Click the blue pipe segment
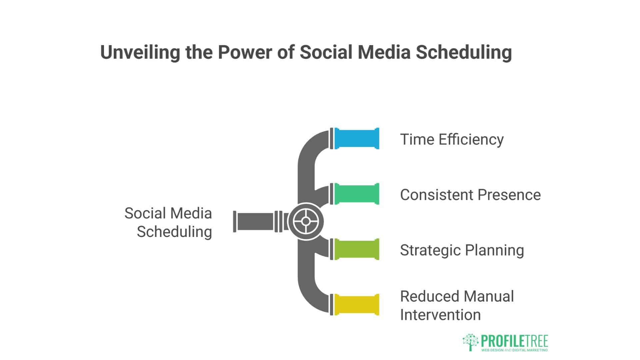click(357, 139)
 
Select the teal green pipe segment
click(357, 194)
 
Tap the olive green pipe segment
click(357, 249)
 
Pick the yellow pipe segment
click(357, 304)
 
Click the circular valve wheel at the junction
click(306, 221)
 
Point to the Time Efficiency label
click(452, 139)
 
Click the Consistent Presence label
click(470, 195)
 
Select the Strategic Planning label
click(462, 250)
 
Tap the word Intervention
click(440, 315)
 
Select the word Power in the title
click(245, 52)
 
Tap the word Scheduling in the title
click(464, 52)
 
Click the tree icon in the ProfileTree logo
click(470, 342)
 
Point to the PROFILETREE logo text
click(515, 341)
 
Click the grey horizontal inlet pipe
click(255, 221)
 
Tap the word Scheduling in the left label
click(174, 232)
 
